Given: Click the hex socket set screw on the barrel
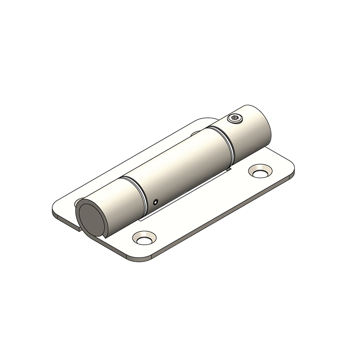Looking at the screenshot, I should coord(234,119).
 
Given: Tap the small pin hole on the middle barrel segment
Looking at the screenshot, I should coord(156,202).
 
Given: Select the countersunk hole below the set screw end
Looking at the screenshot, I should coord(259,172).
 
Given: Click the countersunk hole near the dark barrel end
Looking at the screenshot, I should coord(144,237).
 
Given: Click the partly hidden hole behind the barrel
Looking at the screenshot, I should coord(195,133).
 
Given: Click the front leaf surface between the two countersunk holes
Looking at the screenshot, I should coord(202,207).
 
